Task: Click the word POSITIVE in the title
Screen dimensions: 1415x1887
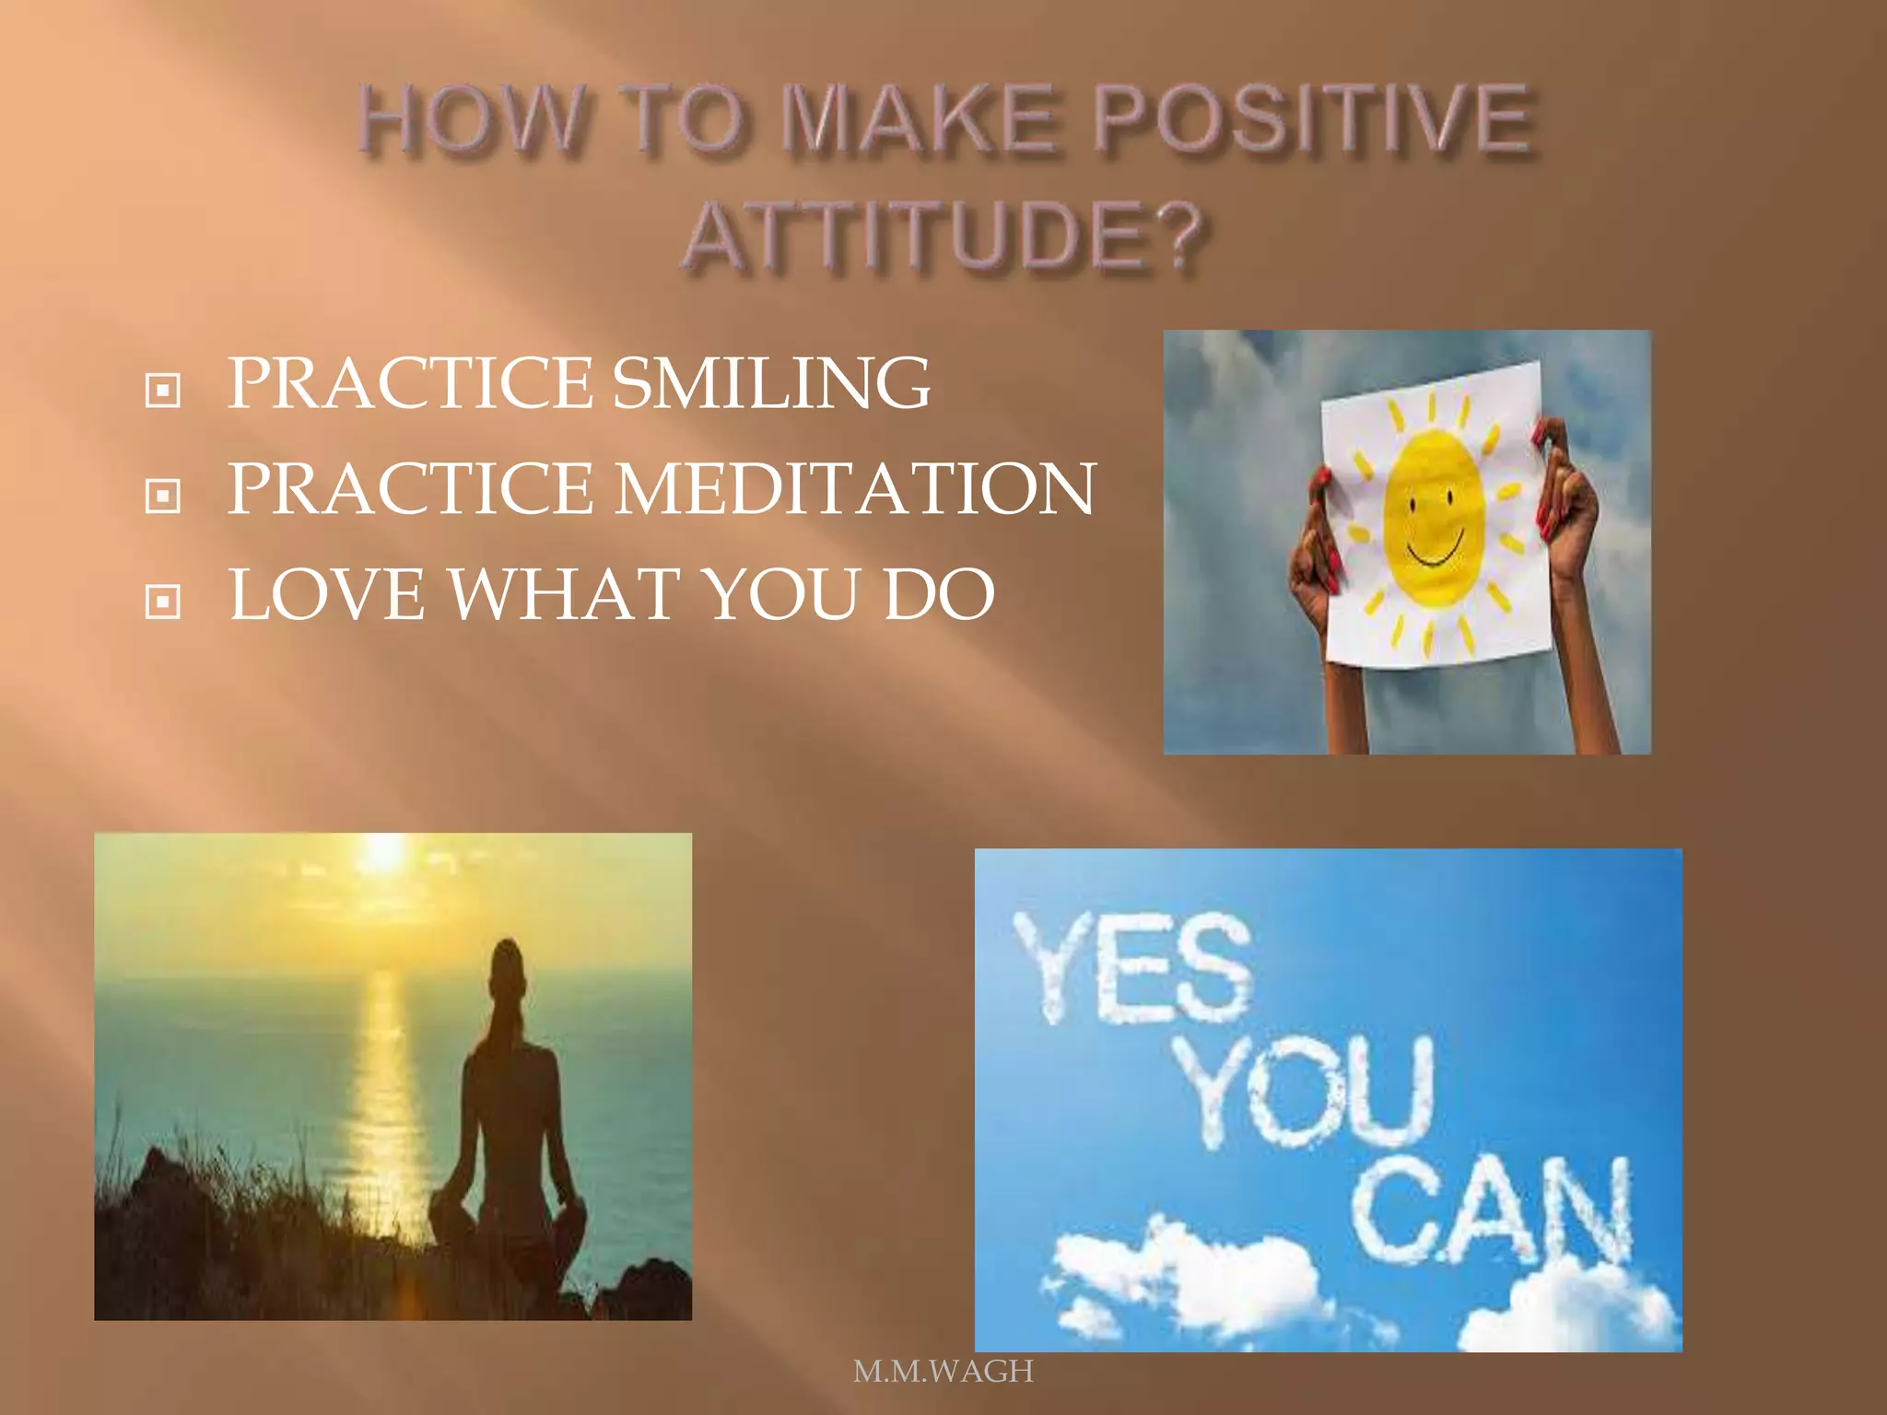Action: click(x=1312, y=120)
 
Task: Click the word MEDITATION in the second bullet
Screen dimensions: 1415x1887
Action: click(x=855, y=489)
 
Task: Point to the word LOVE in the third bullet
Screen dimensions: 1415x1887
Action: click(x=327, y=595)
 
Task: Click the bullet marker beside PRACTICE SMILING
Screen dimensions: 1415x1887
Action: click(x=163, y=390)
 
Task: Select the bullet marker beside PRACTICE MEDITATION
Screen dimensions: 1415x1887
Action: click(x=163, y=496)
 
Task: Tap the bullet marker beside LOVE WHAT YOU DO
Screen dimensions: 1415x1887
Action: click(x=163, y=602)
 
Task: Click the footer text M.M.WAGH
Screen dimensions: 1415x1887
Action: click(x=943, y=1372)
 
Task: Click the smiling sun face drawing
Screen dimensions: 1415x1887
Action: click(x=1434, y=519)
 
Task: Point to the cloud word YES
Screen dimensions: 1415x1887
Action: click(x=1133, y=967)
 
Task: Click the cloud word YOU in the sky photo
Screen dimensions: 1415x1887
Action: click(x=1308, y=1092)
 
